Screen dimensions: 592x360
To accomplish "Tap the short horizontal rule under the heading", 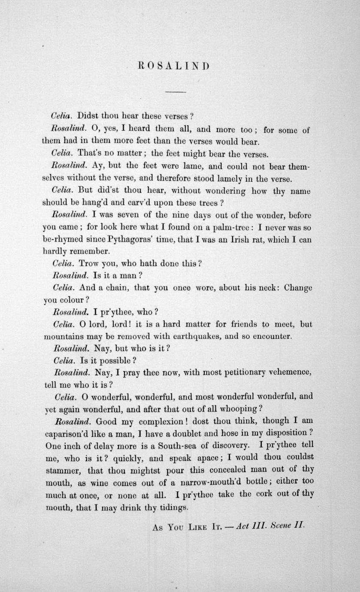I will click(x=175, y=92).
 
